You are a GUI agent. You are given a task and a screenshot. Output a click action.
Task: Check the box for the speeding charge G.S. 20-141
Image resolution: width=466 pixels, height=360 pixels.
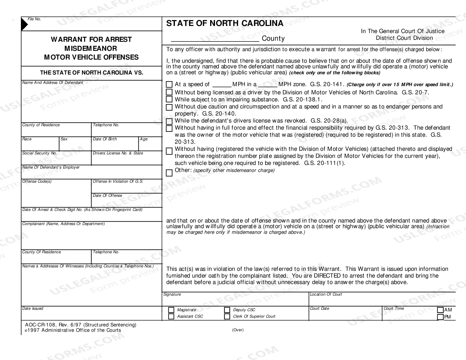169,84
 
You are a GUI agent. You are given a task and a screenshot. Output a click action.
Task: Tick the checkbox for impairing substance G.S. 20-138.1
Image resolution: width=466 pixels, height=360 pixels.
169,99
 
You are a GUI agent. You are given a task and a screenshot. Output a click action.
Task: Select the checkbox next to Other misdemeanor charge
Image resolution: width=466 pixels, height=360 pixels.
169,173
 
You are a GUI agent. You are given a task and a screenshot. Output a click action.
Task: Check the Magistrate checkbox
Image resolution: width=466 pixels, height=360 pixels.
171,310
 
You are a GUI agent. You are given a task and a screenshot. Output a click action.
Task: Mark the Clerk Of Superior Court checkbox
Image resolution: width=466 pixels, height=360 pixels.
227,317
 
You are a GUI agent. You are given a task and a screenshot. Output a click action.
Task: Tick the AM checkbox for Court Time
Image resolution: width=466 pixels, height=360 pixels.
440,310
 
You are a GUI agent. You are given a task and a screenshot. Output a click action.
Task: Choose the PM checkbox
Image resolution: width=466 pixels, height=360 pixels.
440,317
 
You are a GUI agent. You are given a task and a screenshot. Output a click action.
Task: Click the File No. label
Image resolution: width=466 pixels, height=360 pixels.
34,19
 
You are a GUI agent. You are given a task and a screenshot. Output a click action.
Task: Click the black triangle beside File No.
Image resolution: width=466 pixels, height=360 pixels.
24,25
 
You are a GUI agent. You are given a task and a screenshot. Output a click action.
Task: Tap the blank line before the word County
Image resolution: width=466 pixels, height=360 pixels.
215,39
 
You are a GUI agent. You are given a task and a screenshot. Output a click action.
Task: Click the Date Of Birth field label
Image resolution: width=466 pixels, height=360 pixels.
104,139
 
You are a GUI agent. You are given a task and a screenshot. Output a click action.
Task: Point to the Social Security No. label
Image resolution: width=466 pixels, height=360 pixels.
40,153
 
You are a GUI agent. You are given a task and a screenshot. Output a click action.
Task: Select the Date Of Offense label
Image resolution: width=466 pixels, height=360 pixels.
107,196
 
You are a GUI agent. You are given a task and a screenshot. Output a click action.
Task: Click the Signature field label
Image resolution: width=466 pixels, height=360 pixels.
172,294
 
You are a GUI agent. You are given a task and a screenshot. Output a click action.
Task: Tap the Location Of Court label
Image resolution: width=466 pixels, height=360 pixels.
326,294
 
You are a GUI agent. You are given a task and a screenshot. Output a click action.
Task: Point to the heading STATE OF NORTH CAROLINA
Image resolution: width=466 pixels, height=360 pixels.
225,23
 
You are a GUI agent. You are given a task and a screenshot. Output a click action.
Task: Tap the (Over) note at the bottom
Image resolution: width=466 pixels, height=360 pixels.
238,330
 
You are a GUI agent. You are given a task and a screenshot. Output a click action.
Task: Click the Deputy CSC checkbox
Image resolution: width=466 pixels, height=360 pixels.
227,310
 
